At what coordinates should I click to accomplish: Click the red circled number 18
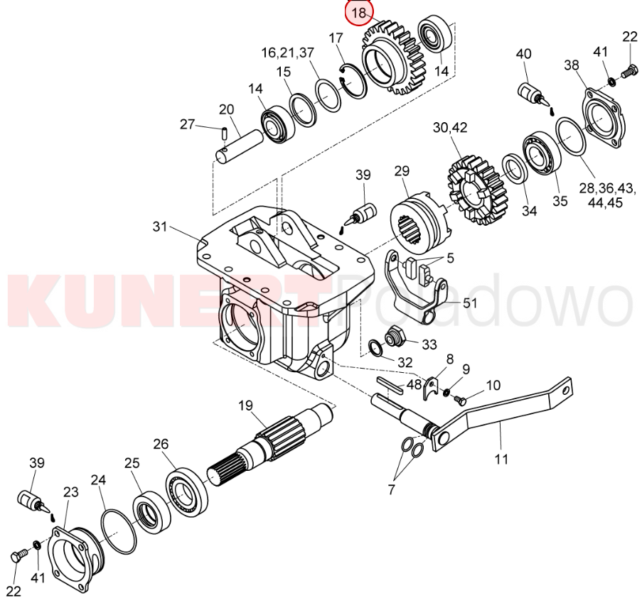point(358,12)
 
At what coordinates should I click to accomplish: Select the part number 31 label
point(160,226)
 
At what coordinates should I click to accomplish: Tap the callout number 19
point(246,406)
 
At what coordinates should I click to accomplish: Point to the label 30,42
point(450,128)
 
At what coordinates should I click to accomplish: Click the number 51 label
point(470,303)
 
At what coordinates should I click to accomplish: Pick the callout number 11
point(501,459)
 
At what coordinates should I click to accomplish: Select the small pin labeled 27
point(224,133)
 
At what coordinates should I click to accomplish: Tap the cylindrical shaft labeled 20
point(240,146)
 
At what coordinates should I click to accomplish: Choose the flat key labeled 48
point(390,386)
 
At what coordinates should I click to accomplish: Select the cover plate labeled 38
point(604,118)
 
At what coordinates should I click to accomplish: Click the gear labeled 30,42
point(476,190)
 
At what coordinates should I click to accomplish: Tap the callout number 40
point(523,53)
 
